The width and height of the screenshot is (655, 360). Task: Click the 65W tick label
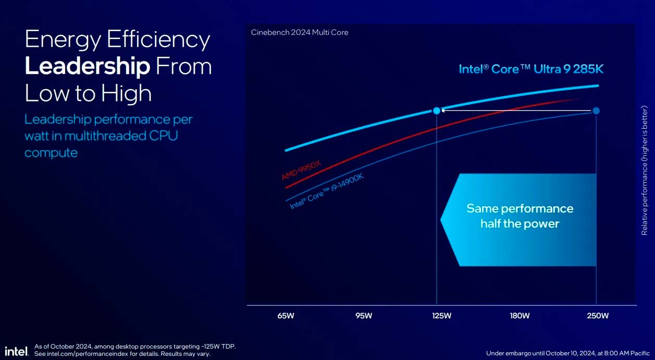point(286,316)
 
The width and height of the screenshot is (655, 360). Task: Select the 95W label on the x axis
point(364,316)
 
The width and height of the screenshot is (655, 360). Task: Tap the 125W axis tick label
point(441,316)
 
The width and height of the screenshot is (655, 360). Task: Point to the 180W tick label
point(520,316)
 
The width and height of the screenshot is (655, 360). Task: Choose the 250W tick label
point(598,316)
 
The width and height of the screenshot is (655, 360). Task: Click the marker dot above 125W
point(437,110)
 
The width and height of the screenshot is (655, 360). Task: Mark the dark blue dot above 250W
point(596,110)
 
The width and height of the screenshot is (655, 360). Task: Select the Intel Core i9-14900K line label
point(326,192)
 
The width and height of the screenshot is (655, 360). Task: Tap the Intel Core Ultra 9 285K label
point(531,69)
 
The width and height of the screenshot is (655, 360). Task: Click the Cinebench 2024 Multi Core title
point(300,32)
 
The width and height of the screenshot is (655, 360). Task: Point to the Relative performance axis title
point(645,170)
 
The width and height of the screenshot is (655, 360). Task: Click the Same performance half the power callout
point(520,216)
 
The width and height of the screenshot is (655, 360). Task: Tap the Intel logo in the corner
point(16,351)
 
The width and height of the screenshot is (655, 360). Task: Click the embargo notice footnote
point(567,353)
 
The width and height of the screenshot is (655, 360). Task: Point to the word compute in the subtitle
point(51,153)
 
